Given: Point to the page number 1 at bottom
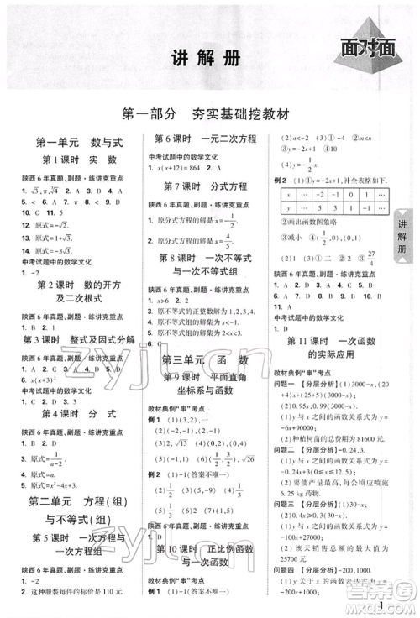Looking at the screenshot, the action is [x=381, y=605].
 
